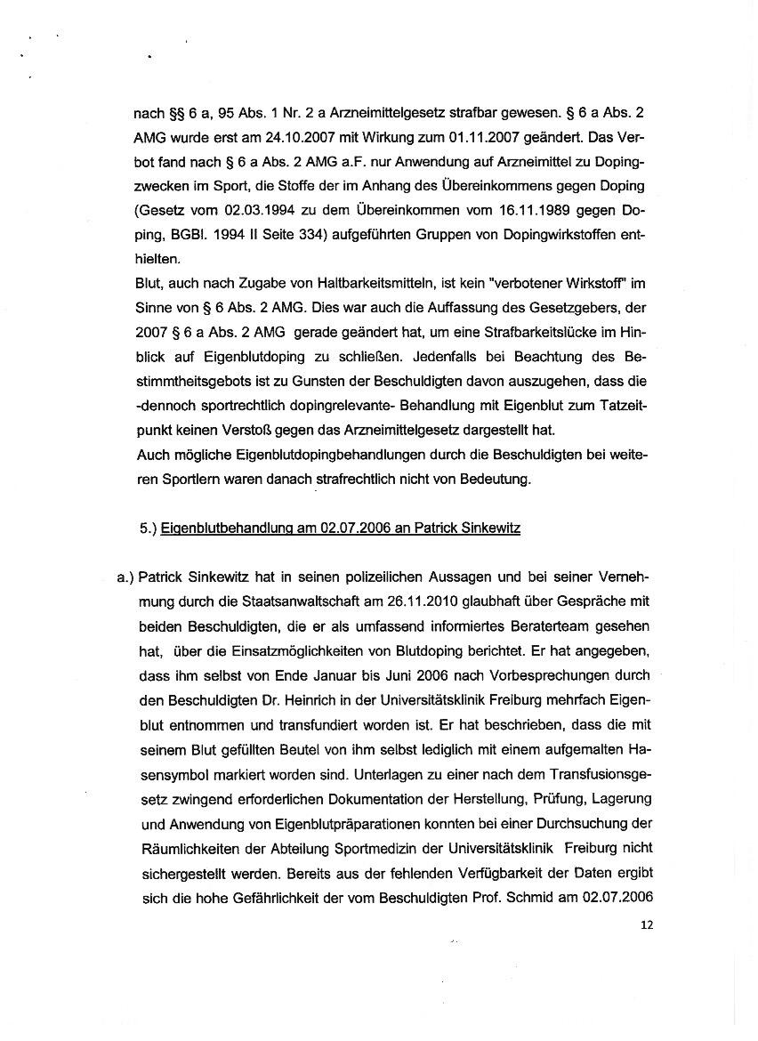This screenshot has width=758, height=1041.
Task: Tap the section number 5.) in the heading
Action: pyautogui.click(x=149, y=529)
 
